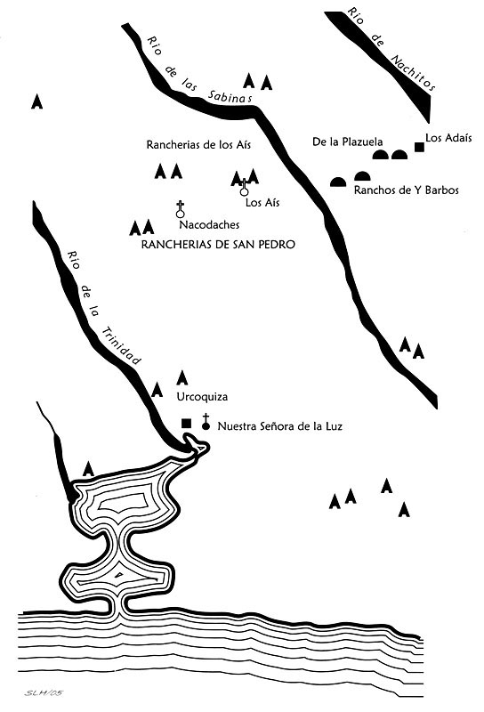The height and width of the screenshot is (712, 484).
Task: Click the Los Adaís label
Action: coord(448,138)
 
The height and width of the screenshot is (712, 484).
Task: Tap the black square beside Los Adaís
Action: coord(419,147)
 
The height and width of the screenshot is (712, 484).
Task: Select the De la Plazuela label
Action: coord(347,142)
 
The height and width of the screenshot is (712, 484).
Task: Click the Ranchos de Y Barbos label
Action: coord(407,190)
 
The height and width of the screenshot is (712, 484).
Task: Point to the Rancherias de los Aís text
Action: coord(198,145)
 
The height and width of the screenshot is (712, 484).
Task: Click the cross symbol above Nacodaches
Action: coord(181,209)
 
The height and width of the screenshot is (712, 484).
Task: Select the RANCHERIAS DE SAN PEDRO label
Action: coord(218,244)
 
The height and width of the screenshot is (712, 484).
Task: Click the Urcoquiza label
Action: coord(202,397)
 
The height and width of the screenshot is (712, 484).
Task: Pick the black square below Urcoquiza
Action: coord(186,424)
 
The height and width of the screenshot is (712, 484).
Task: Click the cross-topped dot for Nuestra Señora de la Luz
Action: coord(206,422)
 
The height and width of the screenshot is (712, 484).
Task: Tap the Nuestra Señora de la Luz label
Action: coord(280,426)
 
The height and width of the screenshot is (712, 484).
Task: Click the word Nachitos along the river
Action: coord(413,73)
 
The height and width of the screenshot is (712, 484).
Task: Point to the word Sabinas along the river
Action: coord(230,96)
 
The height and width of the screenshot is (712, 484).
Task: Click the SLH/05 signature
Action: coord(44,693)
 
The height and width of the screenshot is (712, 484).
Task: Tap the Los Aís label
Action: coord(262,203)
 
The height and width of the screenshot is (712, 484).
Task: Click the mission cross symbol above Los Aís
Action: coord(245,187)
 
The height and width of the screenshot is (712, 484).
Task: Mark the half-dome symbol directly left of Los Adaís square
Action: coord(399,155)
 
